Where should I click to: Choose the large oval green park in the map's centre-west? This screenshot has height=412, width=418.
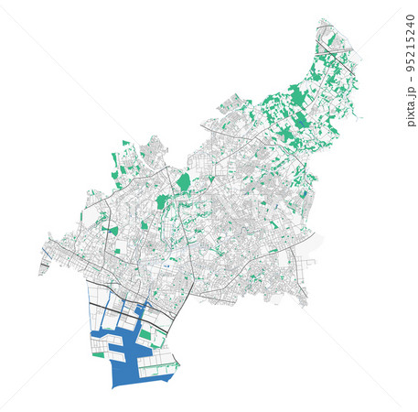(184, 182)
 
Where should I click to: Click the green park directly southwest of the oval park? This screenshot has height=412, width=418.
(162, 201)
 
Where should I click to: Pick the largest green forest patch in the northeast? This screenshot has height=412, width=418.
(297, 94)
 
